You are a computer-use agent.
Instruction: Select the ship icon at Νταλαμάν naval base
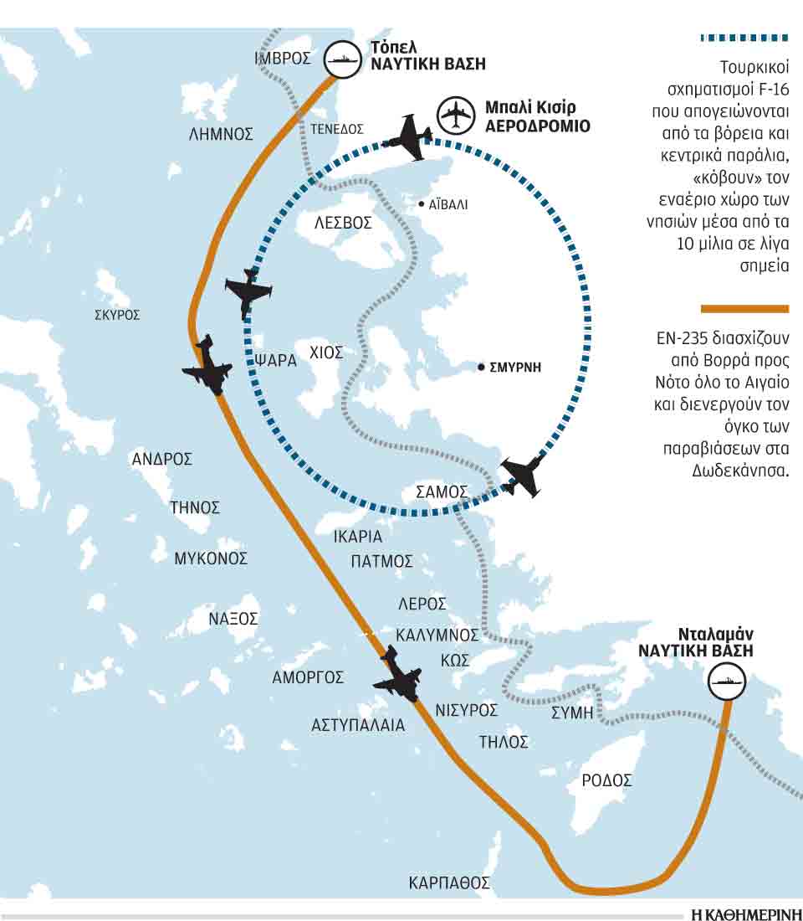tap(724, 681)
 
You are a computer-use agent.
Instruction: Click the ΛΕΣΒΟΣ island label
tap(343, 224)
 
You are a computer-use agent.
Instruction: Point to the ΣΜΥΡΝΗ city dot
tap(481, 367)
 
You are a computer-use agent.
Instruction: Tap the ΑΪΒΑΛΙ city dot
tap(422, 203)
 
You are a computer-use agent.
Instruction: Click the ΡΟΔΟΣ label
tap(606, 780)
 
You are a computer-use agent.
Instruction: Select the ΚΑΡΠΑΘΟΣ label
tap(448, 882)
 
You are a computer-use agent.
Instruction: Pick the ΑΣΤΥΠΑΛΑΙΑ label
tap(358, 725)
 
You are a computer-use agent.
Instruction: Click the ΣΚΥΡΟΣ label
tap(117, 316)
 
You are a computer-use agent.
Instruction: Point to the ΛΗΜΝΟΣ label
tap(221, 133)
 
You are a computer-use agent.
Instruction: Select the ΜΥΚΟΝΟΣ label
tap(211, 558)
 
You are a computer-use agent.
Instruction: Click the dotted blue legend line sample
tap(744, 38)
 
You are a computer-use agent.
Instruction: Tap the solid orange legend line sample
tap(744, 309)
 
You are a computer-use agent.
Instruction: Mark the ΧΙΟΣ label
tap(326, 352)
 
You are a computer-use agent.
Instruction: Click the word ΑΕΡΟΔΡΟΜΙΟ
tap(538, 126)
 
